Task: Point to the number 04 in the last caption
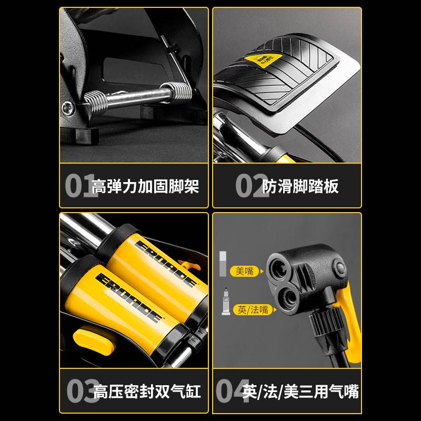coord(232,391)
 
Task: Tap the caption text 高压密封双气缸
coord(147,392)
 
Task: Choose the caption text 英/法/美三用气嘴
coord(301,392)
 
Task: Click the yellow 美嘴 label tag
coord(244,271)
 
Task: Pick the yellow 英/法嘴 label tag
coord(252,310)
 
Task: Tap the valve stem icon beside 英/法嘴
coord(225,302)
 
